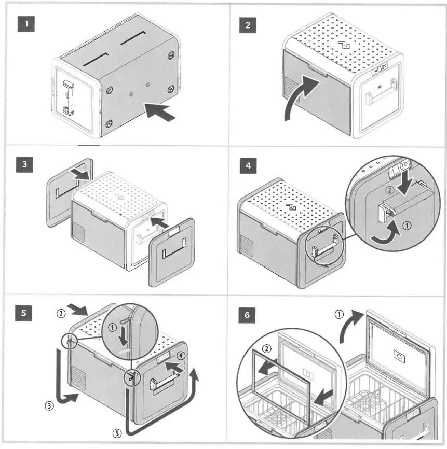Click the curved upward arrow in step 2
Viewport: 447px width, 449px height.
(x=302, y=96)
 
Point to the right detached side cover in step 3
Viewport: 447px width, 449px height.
(x=172, y=252)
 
